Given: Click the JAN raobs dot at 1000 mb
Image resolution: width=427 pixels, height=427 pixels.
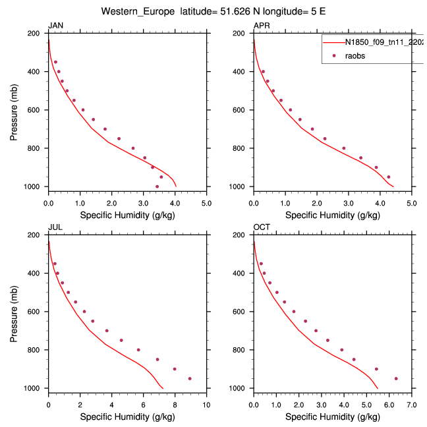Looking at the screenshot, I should point(157,186).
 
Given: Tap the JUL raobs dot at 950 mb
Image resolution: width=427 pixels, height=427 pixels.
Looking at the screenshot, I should point(190,378).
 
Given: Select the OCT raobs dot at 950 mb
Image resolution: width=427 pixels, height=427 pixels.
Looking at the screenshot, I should point(396,378).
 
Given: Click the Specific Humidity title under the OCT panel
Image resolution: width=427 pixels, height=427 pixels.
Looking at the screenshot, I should point(332,416).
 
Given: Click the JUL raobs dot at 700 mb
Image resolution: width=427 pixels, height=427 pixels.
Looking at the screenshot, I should point(107,331).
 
